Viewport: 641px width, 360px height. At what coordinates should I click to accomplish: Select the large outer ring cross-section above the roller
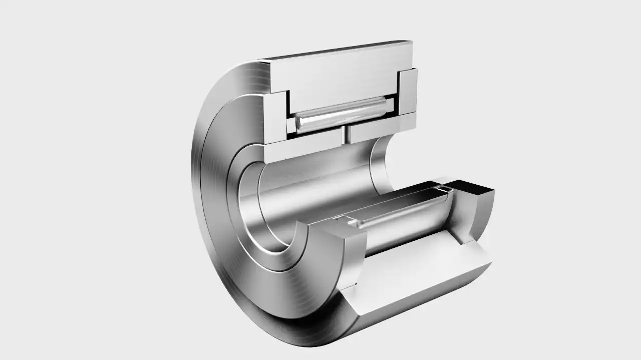(341, 70)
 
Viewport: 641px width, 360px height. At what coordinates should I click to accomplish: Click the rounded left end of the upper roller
(299, 123)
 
